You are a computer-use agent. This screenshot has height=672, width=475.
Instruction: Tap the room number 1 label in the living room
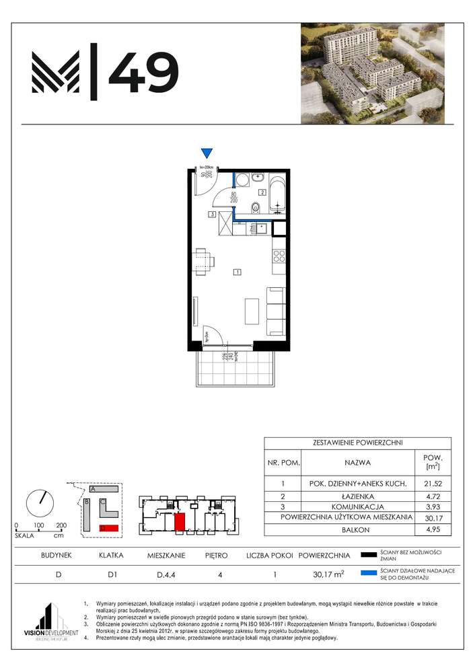pyautogui.click(x=237, y=272)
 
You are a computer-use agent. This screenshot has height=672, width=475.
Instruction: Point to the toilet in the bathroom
pyautogui.click(x=254, y=208)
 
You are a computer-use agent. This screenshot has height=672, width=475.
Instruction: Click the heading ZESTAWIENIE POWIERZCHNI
pyautogui.click(x=358, y=443)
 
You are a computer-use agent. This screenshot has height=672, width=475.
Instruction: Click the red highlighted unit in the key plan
pyautogui.click(x=180, y=522)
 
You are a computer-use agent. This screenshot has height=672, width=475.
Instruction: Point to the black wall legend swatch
pyautogui.click(x=368, y=555)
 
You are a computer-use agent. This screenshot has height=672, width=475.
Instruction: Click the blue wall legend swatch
pyautogui.click(x=368, y=573)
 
